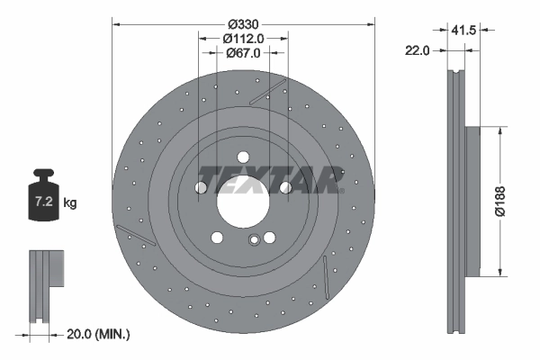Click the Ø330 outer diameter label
242,22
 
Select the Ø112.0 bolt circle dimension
242,38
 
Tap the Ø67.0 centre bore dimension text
242,53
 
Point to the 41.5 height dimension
463,30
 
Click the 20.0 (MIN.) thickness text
99,334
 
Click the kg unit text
70,203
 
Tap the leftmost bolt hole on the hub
200,187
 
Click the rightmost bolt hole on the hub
285,187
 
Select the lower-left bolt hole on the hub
217,238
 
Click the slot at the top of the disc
267,91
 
